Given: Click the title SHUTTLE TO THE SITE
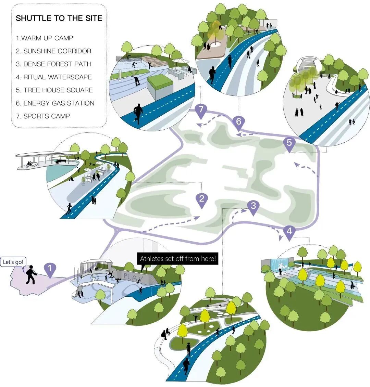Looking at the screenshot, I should point(59,18).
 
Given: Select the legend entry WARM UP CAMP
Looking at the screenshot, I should point(45,38).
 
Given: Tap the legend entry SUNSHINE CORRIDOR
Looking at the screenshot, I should point(53,51).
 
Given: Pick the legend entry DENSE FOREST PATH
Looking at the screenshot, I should point(53,64).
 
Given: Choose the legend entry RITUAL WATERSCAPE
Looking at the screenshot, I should point(54,77).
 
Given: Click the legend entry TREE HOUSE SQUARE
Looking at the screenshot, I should point(54,90).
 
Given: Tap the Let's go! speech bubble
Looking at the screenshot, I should point(14,262).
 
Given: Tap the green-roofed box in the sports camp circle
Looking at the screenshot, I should point(160,82).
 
